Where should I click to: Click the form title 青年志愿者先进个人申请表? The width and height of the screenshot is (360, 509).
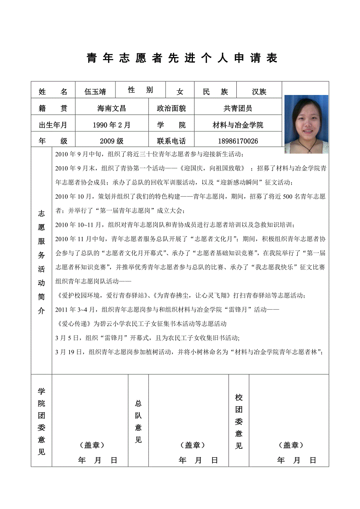(182, 58)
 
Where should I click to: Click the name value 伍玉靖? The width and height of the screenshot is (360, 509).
(95, 92)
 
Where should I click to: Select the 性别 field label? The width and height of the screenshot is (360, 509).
(140, 90)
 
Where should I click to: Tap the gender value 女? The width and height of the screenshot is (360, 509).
(180, 92)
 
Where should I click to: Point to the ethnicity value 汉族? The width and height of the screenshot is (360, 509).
(259, 92)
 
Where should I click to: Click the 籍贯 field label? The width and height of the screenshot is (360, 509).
(53, 108)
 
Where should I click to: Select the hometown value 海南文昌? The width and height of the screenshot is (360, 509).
(112, 108)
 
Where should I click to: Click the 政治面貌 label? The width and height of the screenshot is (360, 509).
(171, 108)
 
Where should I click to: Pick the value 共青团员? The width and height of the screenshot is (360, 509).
(238, 108)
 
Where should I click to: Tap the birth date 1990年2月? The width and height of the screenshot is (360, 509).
(112, 125)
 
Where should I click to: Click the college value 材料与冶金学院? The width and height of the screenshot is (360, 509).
(238, 125)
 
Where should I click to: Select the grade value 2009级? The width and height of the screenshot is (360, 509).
(112, 141)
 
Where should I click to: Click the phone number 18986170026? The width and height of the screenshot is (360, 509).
(238, 141)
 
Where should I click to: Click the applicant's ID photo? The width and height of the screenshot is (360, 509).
(306, 124)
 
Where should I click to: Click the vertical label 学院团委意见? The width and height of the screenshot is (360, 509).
(41, 421)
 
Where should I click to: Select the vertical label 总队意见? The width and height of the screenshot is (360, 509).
(138, 421)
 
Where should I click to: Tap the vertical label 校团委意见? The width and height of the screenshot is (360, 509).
(239, 421)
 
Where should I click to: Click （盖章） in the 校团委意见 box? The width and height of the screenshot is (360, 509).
(291, 445)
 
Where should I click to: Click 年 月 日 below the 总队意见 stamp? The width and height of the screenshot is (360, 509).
(198, 460)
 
